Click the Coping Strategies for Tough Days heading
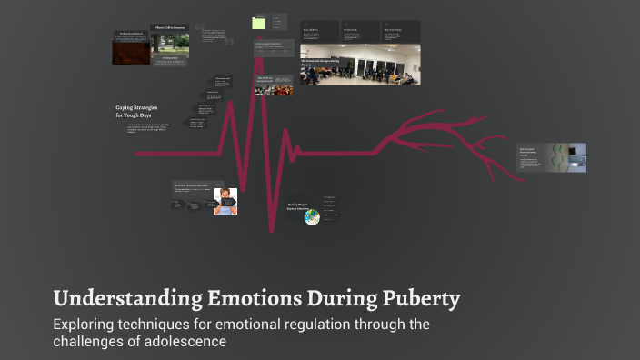click(136, 111)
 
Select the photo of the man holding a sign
click(225, 201)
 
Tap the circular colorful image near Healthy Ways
click(312, 216)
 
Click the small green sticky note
click(259, 24)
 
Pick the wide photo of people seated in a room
click(360, 65)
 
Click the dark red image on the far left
click(131, 50)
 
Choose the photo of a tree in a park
click(170, 47)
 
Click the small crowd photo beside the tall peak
click(274, 85)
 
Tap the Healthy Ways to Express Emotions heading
click(300, 206)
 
